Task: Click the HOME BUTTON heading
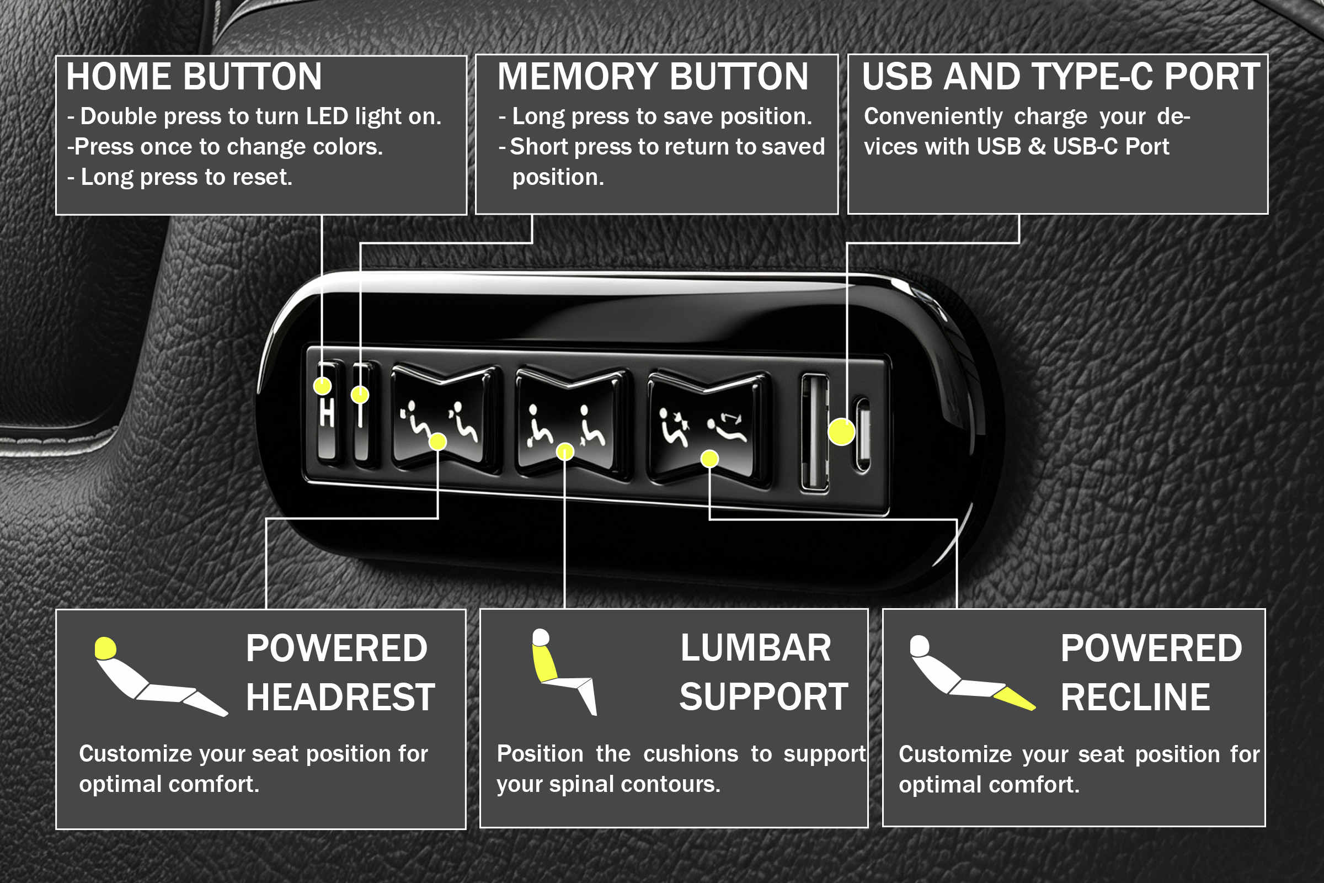pyautogui.click(x=194, y=77)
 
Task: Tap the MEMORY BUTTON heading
pyautogui.click(x=653, y=77)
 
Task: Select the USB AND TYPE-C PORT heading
pyautogui.click(x=1061, y=77)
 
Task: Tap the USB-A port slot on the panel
pyautogui.click(x=815, y=433)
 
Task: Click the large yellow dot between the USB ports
pyautogui.click(x=841, y=432)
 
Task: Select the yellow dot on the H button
pyautogui.click(x=322, y=386)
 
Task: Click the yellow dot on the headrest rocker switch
pyautogui.click(x=437, y=441)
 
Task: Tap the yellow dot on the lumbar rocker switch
pyautogui.click(x=564, y=451)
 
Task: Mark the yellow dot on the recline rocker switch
pyautogui.click(x=709, y=459)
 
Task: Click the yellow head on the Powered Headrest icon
pyautogui.click(x=105, y=648)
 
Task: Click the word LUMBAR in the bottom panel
pyautogui.click(x=755, y=647)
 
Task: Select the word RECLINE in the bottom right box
pyautogui.click(x=1135, y=697)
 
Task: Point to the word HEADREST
pyautogui.click(x=340, y=697)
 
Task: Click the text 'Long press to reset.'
pyautogui.click(x=186, y=177)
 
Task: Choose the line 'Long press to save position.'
pyautogui.click(x=662, y=116)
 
